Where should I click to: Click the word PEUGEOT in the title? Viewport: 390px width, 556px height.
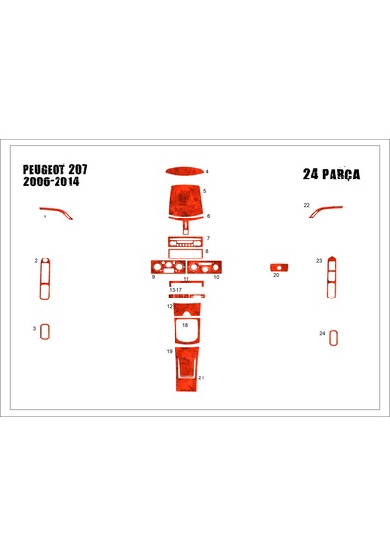pos(45,169)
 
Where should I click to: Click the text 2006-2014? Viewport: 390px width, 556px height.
pos(52,181)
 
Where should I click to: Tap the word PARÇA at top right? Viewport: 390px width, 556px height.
pos(340,175)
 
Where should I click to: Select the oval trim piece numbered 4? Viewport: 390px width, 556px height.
pos(184,172)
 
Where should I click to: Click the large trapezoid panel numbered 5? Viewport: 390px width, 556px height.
pos(185,200)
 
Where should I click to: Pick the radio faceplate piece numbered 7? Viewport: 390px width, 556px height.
pos(185,242)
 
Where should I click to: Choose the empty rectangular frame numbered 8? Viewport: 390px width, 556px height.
pos(185,254)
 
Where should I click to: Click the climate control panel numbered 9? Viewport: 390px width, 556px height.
pos(169,267)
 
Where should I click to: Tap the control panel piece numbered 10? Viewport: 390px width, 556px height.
pos(205,267)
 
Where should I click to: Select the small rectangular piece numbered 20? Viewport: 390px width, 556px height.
pos(279,267)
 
